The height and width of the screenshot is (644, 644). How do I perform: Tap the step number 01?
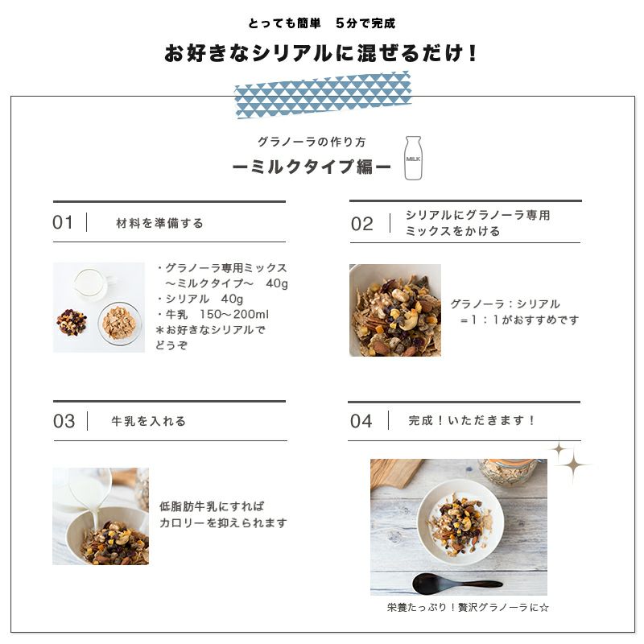tap(63, 223)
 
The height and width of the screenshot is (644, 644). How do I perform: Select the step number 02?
tap(362, 224)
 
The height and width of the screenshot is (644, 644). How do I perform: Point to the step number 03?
tap(64, 422)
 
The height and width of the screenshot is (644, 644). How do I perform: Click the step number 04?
tap(361, 421)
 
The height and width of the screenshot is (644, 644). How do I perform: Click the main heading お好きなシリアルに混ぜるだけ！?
tap(321, 54)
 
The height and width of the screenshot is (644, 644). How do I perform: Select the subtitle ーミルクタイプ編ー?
tap(312, 167)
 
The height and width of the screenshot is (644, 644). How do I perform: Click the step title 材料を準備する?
tap(159, 223)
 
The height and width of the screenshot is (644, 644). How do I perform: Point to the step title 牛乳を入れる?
tap(148, 421)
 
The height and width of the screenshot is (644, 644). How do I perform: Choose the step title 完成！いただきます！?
tap(472, 420)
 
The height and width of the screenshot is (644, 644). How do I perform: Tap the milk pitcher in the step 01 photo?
tap(90, 284)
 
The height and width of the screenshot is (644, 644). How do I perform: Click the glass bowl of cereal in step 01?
tap(118, 324)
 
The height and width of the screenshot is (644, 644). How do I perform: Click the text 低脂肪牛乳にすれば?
tap(212, 506)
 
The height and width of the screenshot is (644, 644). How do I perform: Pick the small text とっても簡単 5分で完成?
tap(321, 23)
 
